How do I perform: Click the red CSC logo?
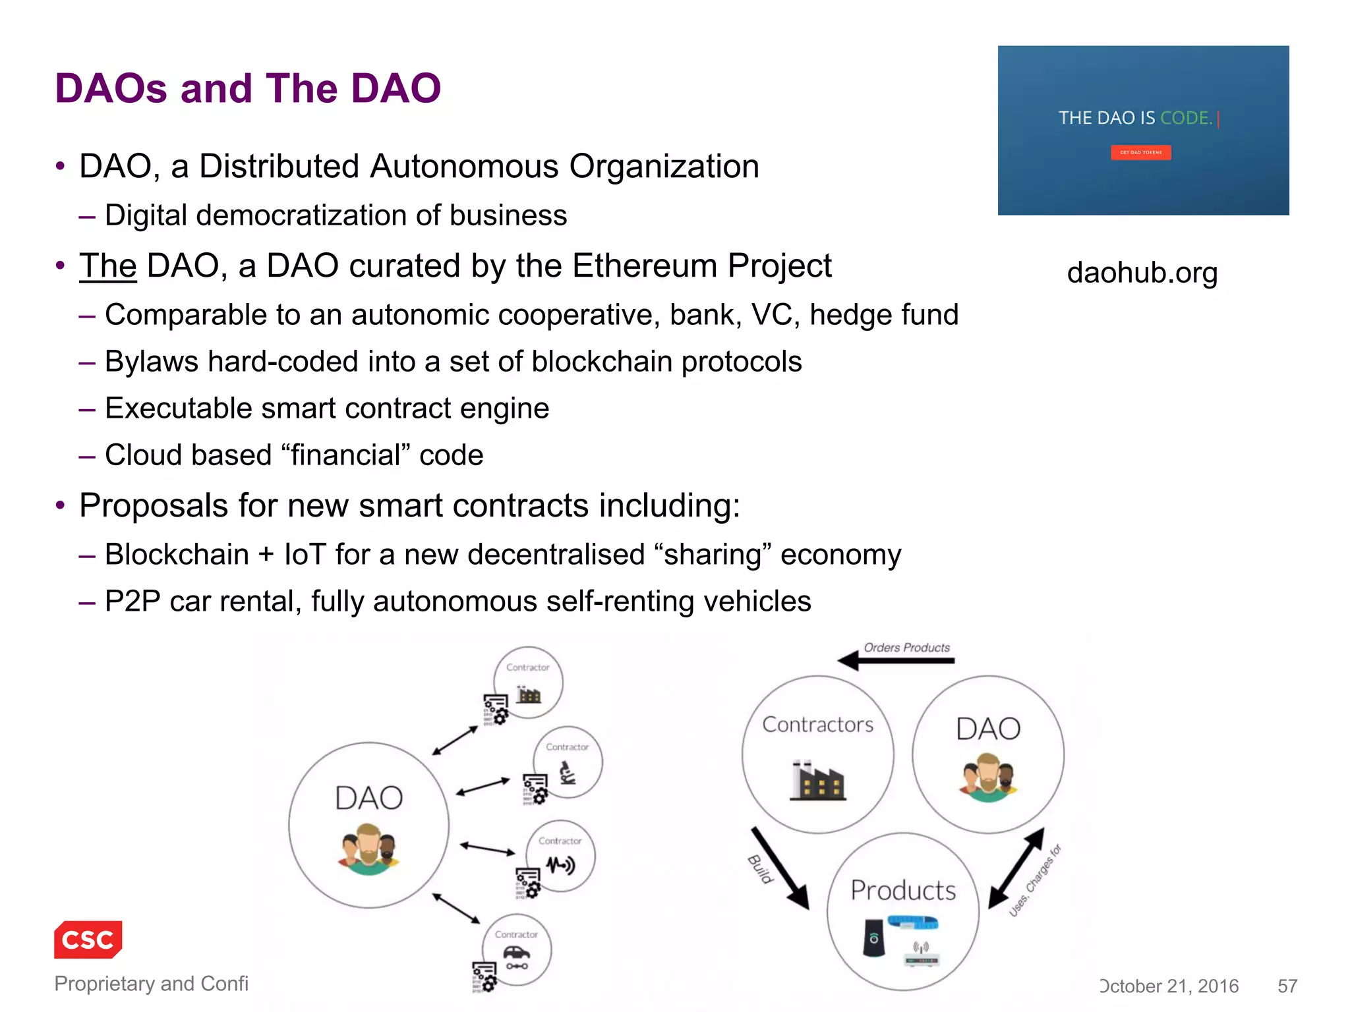pos(88,939)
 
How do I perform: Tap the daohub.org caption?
pos(1142,273)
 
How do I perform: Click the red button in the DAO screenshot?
pos(1140,152)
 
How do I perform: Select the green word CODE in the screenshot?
pos(1186,118)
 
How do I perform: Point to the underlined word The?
pos(107,266)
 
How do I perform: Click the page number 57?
pos(1287,986)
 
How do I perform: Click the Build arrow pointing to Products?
pos(780,868)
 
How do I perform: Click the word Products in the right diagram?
pos(903,890)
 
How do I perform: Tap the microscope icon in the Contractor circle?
pos(567,773)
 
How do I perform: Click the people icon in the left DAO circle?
pos(368,850)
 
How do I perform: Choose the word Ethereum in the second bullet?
pos(644,266)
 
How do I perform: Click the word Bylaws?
pos(152,362)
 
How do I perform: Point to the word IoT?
pos(305,555)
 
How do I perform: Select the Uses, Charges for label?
pos(1036,880)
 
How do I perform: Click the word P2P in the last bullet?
pos(132,602)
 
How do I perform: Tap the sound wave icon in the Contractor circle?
pos(560,864)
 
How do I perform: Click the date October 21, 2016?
pos(1169,986)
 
